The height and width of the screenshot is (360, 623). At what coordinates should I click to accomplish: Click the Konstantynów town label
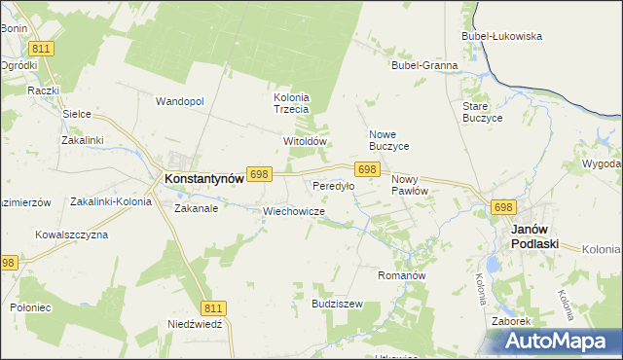203,179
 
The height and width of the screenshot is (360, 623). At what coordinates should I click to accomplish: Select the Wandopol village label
179,101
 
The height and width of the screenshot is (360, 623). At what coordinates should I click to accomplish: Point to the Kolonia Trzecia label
290,103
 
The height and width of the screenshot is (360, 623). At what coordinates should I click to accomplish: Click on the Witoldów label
302,141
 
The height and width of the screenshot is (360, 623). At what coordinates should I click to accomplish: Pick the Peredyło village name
331,185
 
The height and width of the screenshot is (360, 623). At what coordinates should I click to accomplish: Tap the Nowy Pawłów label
410,186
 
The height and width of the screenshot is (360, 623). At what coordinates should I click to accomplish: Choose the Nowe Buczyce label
388,140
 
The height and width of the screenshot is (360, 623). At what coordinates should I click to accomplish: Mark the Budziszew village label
337,304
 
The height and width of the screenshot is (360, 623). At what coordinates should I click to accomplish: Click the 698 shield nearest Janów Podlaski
502,207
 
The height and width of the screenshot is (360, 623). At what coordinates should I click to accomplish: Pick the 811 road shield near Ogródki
41,48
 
